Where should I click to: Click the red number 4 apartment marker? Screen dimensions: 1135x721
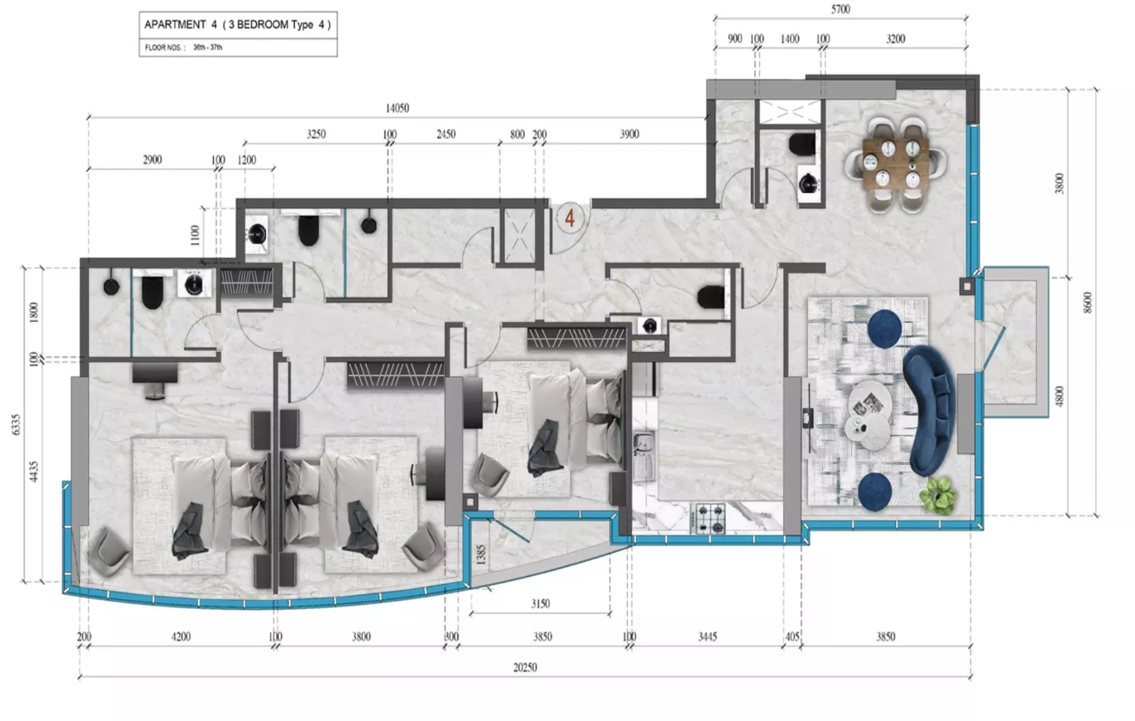pyautogui.click(x=569, y=218)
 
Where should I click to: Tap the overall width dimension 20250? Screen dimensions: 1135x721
pyautogui.click(x=525, y=667)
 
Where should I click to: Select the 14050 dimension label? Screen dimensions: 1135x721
pyautogui.click(x=397, y=108)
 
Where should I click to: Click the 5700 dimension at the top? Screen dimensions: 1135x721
pyautogui.click(x=840, y=9)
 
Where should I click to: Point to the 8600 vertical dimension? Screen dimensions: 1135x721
pyautogui.click(x=1087, y=302)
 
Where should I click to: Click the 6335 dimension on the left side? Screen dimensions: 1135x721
pyautogui.click(x=16, y=424)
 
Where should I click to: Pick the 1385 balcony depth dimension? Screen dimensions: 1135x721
pyautogui.click(x=481, y=555)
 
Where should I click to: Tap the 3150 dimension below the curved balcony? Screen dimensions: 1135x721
pyautogui.click(x=540, y=604)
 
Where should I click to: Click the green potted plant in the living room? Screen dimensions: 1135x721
pyautogui.click(x=937, y=495)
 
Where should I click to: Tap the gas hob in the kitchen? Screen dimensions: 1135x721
pyautogui.click(x=710, y=518)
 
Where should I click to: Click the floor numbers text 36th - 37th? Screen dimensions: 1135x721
pyautogui.click(x=208, y=47)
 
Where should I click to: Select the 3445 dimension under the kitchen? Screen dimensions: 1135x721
pyautogui.click(x=707, y=636)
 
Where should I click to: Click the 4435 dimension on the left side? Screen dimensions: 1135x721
pyautogui.click(x=33, y=471)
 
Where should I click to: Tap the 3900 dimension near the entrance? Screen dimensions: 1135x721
pyautogui.click(x=629, y=134)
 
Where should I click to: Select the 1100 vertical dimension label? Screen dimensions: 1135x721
pyautogui.click(x=195, y=235)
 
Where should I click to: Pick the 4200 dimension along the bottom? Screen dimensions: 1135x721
pyautogui.click(x=181, y=636)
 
